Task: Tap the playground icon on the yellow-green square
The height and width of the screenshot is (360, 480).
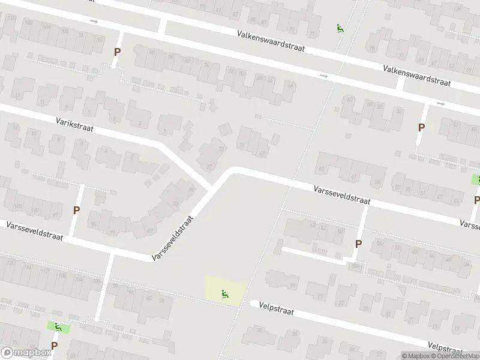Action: coord(226,293)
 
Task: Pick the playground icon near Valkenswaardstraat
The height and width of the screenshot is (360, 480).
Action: coord(340,28)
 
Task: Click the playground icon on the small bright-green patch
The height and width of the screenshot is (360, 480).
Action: coord(58,327)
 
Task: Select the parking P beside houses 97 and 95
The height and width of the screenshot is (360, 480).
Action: coord(76,210)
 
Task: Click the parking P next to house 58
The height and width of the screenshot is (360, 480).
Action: coord(358,244)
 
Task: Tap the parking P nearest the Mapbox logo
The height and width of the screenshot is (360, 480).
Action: coord(54,346)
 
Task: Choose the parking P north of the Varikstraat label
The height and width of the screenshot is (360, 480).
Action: coord(117,52)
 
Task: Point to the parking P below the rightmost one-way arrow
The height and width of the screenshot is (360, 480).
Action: coord(421,127)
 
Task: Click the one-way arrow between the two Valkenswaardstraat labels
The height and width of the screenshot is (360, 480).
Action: coord(324,76)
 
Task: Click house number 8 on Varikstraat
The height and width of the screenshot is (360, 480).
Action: coord(58,139)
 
